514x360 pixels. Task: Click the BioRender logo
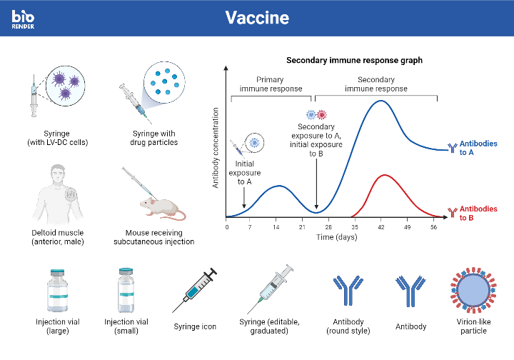click(x=23, y=18)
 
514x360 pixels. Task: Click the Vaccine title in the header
click(x=256, y=17)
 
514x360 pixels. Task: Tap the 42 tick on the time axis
click(x=381, y=227)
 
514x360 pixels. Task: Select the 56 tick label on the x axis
click(x=433, y=227)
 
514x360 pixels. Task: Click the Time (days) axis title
click(x=336, y=237)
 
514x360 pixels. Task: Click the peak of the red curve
click(x=385, y=175)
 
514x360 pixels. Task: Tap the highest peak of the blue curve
click(x=381, y=101)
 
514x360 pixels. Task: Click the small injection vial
click(x=125, y=289)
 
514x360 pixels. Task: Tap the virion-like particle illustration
click(x=472, y=291)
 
